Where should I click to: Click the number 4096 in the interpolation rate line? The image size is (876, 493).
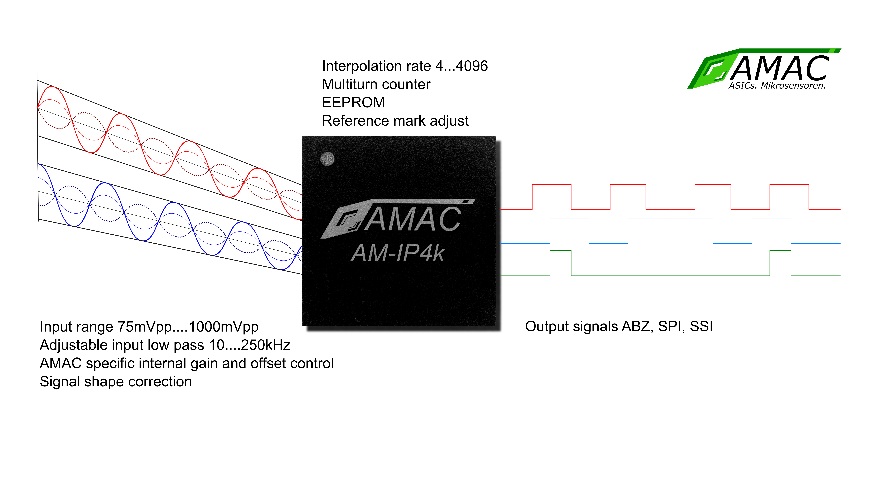coord(472,66)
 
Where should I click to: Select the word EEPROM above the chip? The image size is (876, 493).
coord(353,102)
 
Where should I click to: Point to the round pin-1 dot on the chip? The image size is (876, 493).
coord(328,159)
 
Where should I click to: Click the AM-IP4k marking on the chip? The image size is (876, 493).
coord(398,254)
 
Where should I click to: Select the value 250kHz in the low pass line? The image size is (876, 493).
coord(266,345)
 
